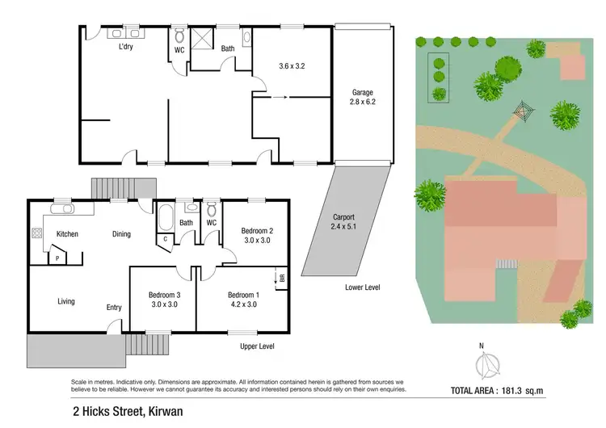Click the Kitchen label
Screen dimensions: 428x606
click(x=67, y=234)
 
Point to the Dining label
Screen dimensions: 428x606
click(x=121, y=234)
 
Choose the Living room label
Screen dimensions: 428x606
click(x=66, y=301)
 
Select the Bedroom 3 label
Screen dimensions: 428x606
click(x=163, y=300)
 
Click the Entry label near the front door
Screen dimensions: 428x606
click(x=114, y=307)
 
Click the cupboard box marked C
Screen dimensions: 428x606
click(x=165, y=238)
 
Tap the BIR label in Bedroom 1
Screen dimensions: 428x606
click(x=282, y=276)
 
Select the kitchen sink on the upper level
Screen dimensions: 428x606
click(x=62, y=209)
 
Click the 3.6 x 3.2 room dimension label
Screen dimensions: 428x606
click(x=292, y=65)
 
